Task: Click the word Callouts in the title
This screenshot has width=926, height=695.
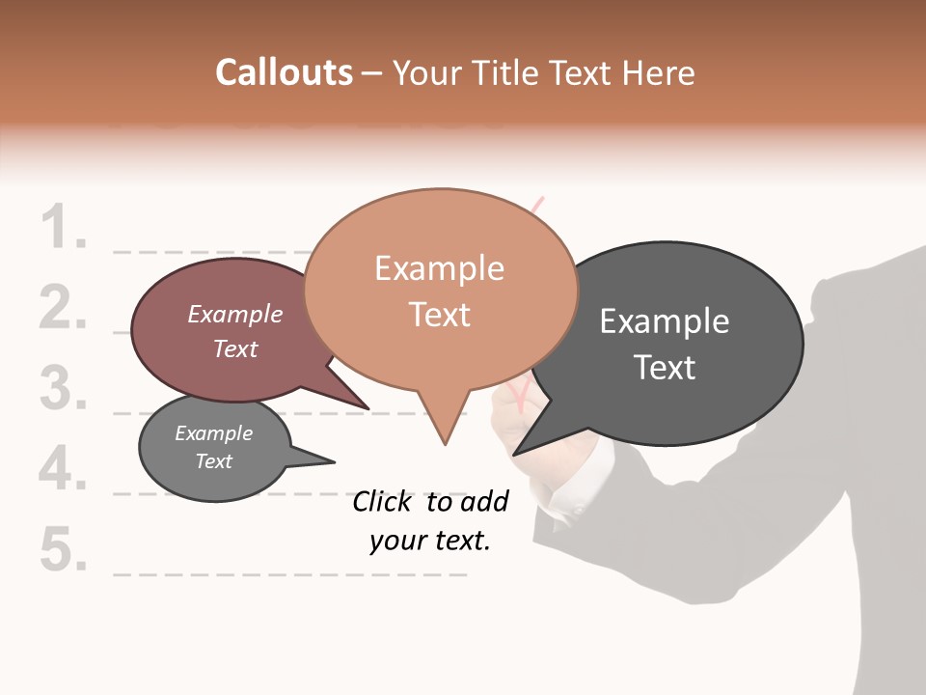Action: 284,72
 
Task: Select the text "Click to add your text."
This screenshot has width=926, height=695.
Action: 430,520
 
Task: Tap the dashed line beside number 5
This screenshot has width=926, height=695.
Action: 289,574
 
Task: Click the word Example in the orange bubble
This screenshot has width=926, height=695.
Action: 439,268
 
